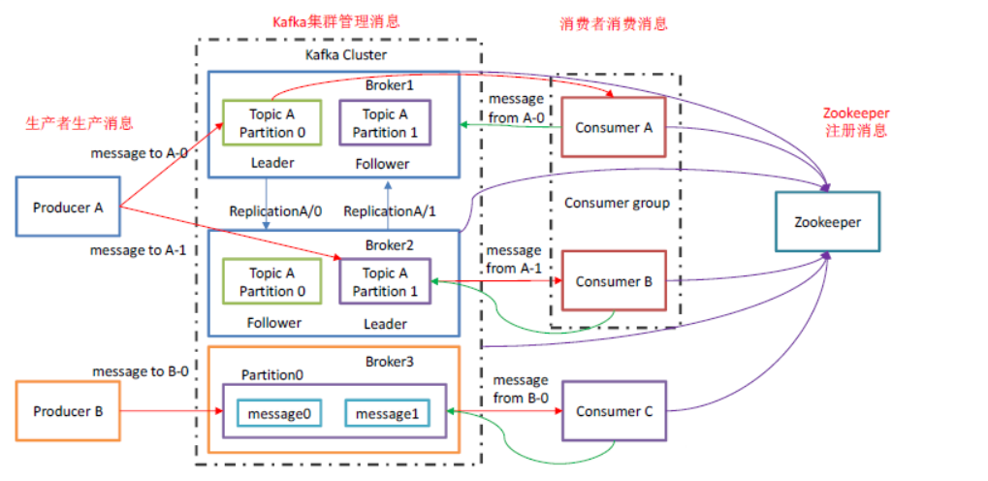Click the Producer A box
pyautogui.click(x=68, y=207)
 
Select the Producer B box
pyautogui.click(x=68, y=411)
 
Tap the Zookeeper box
pyautogui.click(x=827, y=222)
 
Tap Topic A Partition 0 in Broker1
pyautogui.click(x=271, y=123)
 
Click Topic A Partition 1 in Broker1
pyautogui.click(x=386, y=123)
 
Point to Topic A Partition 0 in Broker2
pyautogui.click(x=271, y=282)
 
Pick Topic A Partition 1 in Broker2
pyautogui.click(x=386, y=282)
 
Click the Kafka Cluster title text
pyautogui.click(x=346, y=54)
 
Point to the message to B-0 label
pyautogui.click(x=140, y=371)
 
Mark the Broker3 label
pyautogui.click(x=389, y=361)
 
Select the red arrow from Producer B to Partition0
pyautogui.click(x=171, y=412)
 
